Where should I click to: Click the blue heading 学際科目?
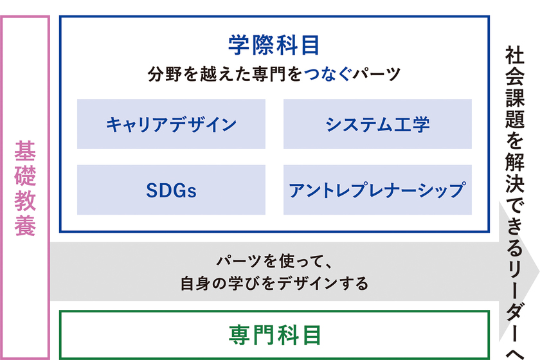tap(274, 45)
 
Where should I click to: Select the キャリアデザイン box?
tap(171, 124)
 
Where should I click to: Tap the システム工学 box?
tap(377, 124)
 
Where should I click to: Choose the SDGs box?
tap(171, 190)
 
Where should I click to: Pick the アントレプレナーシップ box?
tap(377, 190)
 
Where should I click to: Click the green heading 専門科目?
tap(275, 335)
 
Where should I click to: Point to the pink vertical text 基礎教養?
tap(25, 188)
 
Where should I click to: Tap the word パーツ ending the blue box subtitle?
tap(377, 74)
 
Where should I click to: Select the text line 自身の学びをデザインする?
tap(274, 283)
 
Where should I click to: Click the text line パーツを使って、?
tap(274, 261)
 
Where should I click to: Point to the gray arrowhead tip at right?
tap(539, 271)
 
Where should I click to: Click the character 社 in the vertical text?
tap(515, 55)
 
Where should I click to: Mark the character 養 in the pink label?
tap(25, 226)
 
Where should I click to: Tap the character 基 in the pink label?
tap(25, 151)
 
